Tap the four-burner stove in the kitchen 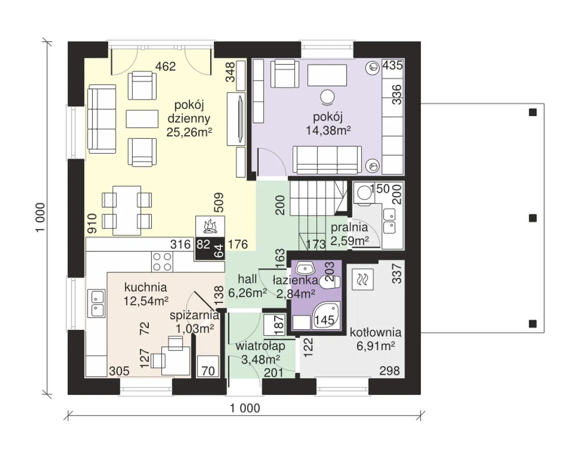[x=162, y=262]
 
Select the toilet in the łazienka [x=330, y=282]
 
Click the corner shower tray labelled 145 [x=326, y=316]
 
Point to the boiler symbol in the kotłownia [x=363, y=279]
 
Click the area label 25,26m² [x=189, y=132]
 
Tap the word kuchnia [x=145, y=287]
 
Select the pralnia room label [x=349, y=227]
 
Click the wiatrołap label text [x=261, y=346]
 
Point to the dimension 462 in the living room [x=165, y=66]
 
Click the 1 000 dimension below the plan [x=245, y=408]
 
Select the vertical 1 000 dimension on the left [x=40, y=217]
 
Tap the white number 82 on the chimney [x=203, y=244]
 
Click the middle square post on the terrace [x=532, y=218]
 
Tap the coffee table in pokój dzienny [x=142, y=119]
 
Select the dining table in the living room [x=127, y=211]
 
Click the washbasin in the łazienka [x=305, y=268]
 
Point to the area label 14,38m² [x=328, y=131]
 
